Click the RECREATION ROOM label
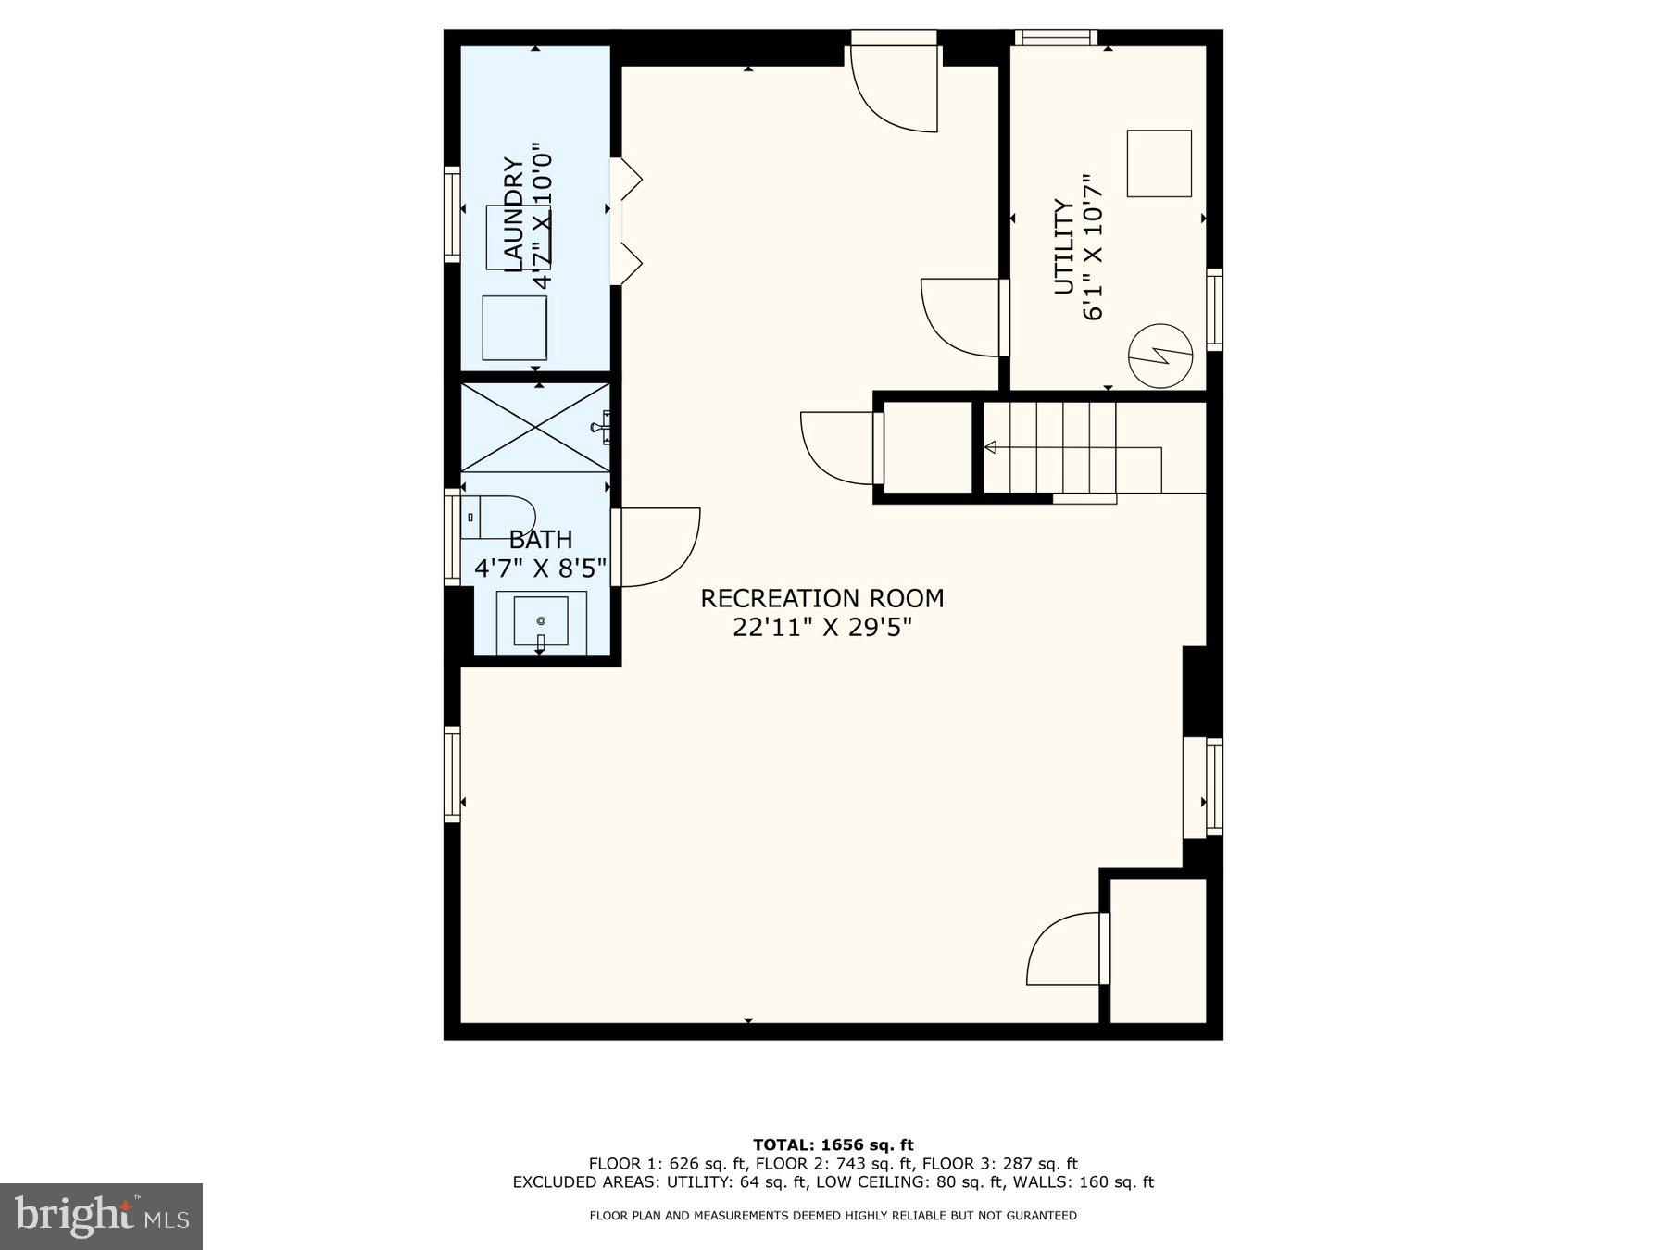(x=821, y=598)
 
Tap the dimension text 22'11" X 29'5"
(x=821, y=628)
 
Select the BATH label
(x=541, y=539)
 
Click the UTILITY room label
(x=1065, y=247)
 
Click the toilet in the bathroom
(x=500, y=518)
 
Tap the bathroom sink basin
(x=541, y=621)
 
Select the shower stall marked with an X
(x=535, y=427)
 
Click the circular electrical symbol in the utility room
(x=1159, y=356)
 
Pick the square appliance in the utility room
(x=1159, y=163)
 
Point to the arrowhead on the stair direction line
(x=990, y=448)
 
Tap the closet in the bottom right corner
(x=1158, y=950)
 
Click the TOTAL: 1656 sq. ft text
(x=833, y=1144)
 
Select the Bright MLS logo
(x=101, y=1216)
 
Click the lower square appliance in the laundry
(x=515, y=328)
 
